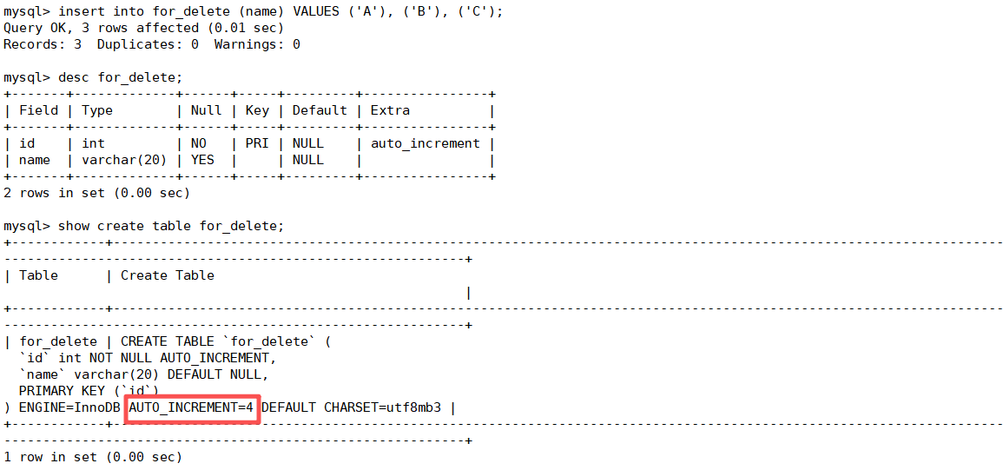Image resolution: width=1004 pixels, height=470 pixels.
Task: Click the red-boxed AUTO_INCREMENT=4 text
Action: [192, 407]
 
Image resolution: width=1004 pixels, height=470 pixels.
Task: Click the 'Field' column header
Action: [39, 110]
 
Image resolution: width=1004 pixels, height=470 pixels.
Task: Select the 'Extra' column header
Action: [390, 110]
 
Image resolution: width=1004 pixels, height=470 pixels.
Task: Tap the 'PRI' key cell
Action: [257, 143]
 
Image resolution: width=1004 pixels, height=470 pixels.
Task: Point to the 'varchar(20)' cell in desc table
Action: [124, 160]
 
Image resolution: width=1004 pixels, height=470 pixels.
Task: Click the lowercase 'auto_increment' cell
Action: [426, 143]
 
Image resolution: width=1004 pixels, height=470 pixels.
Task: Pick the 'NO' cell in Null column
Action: [198, 143]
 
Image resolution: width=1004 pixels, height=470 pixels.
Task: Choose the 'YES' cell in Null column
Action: [202, 160]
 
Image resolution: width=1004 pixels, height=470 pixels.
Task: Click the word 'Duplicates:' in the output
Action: [135, 44]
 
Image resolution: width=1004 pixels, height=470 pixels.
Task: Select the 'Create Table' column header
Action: [168, 275]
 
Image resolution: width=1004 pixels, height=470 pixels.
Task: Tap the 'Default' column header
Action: [320, 110]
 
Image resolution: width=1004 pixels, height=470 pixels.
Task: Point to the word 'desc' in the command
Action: [74, 77]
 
